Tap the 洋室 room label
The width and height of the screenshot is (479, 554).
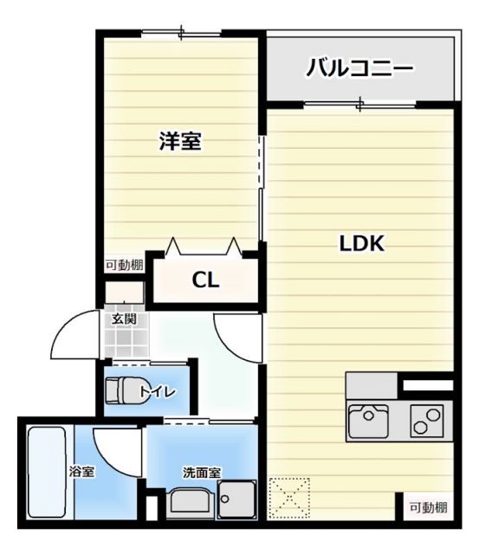pyautogui.click(x=180, y=142)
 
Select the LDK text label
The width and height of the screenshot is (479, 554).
pyautogui.click(x=360, y=244)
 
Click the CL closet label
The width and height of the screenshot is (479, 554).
pyautogui.click(x=205, y=280)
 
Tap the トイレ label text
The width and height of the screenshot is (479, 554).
pyautogui.click(x=160, y=392)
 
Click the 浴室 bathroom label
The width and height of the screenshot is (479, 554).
pyautogui.click(x=82, y=471)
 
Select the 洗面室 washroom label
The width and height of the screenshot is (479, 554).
pyautogui.click(x=201, y=473)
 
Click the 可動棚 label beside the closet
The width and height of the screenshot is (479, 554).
pyautogui.click(x=124, y=266)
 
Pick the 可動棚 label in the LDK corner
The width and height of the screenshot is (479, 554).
pyautogui.click(x=428, y=507)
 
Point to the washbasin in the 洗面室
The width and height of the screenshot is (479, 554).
pyautogui.click(x=189, y=502)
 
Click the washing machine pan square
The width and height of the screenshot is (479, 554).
pyautogui.click(x=236, y=500)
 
